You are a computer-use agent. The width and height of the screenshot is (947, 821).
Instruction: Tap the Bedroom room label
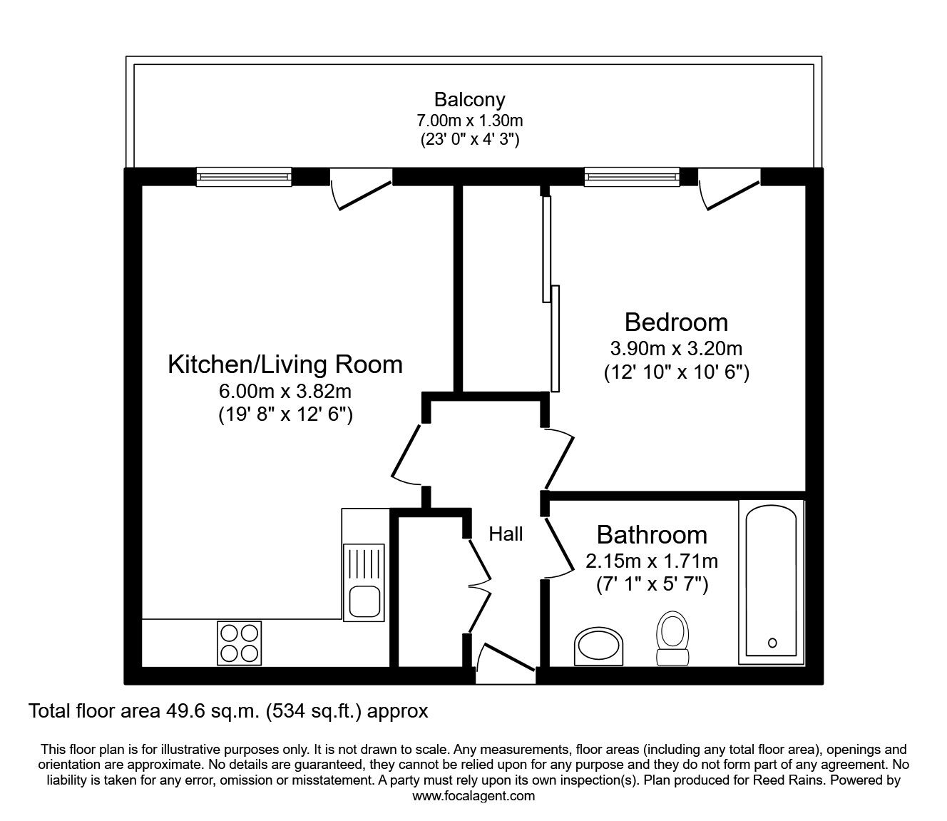pyautogui.click(x=676, y=322)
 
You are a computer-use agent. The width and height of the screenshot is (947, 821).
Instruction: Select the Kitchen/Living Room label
pyautogui.click(x=285, y=364)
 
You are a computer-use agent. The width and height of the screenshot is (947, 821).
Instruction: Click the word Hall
pyautogui.click(x=506, y=534)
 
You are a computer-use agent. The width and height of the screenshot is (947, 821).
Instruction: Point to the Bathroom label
pyautogui.click(x=652, y=534)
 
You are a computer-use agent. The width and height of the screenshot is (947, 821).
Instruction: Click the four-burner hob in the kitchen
pyautogui.click(x=239, y=643)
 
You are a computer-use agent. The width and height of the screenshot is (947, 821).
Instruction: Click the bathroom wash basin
pyautogui.click(x=598, y=646)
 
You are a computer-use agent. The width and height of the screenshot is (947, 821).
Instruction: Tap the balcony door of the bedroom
pyautogui.click(x=729, y=190)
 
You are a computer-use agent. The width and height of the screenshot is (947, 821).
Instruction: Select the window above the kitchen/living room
pyautogui.click(x=244, y=176)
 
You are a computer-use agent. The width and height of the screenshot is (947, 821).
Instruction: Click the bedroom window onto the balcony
pyautogui.click(x=631, y=176)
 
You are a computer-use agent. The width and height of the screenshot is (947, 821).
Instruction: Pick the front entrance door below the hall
pyautogui.click(x=506, y=661)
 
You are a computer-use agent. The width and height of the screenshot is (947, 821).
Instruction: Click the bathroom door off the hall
pyautogui.click(x=560, y=548)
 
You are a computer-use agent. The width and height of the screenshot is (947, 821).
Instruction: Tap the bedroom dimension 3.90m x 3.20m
pyautogui.click(x=676, y=349)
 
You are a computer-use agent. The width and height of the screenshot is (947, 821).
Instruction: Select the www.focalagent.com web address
pyautogui.click(x=473, y=796)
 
